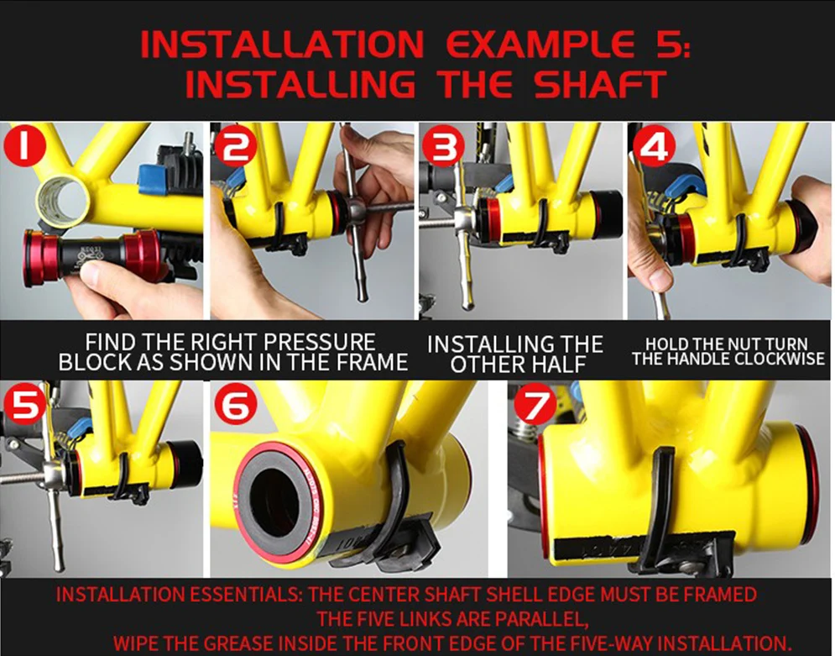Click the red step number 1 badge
24,145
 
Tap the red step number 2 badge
235,145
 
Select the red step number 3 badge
444,145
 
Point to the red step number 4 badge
654,145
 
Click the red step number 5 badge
25,403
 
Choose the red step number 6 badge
236,404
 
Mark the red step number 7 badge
535,404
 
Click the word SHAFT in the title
600,84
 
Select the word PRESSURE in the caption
320,342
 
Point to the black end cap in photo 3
606,214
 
